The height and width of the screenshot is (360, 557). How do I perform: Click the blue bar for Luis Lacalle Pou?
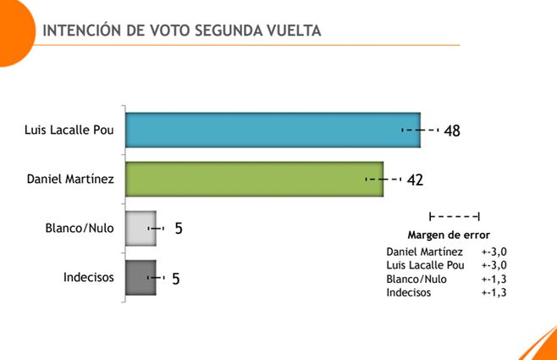(x=271, y=130)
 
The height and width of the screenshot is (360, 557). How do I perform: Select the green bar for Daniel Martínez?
(x=254, y=180)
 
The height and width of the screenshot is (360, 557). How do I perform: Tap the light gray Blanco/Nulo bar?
(x=140, y=229)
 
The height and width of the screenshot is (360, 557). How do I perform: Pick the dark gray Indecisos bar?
(x=140, y=277)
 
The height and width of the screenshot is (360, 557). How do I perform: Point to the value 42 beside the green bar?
(x=414, y=180)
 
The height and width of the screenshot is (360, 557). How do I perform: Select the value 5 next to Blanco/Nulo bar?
(x=179, y=229)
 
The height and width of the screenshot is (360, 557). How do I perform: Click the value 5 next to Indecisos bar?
(x=175, y=278)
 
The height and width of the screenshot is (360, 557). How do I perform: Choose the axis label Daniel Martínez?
(x=70, y=180)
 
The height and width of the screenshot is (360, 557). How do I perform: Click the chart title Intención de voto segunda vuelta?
(x=182, y=30)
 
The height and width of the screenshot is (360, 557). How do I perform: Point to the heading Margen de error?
(x=449, y=235)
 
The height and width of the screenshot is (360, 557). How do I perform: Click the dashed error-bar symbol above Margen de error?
(x=455, y=217)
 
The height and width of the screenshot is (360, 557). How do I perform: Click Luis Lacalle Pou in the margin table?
(x=426, y=265)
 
